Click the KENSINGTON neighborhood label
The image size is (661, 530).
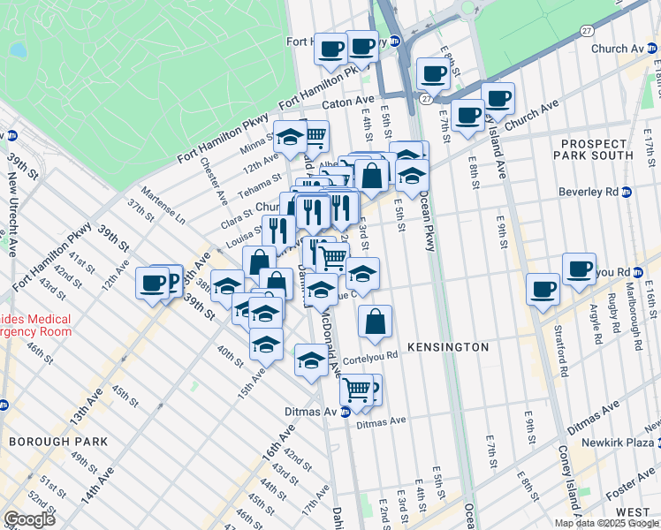pos(448,347)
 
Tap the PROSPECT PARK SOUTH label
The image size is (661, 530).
pos(593,148)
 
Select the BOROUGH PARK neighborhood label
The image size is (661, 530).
pos(57,441)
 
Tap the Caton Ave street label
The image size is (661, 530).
pos(349,103)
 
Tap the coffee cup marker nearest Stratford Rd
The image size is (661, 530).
pos(543,288)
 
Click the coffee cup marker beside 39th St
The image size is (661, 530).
pos(153,284)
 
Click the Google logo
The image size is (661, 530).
pos(30,519)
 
